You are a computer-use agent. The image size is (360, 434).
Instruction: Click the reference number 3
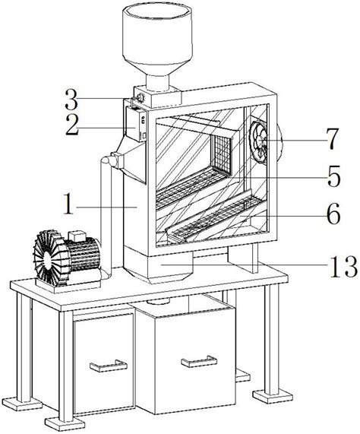[72, 99]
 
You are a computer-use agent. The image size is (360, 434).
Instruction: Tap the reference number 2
[73, 125]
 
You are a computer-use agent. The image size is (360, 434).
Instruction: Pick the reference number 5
[333, 176]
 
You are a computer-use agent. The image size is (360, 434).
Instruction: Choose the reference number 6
[333, 215]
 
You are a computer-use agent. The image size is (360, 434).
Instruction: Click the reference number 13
[343, 267]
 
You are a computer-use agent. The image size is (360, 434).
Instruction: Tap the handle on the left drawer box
[109, 366]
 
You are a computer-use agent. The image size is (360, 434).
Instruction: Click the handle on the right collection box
[199, 361]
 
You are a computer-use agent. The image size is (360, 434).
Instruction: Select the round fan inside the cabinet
[259, 142]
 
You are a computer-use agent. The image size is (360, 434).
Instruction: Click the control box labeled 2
[137, 124]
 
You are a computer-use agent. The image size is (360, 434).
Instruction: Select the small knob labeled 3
[141, 98]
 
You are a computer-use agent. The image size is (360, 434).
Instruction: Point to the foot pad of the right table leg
[273, 396]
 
